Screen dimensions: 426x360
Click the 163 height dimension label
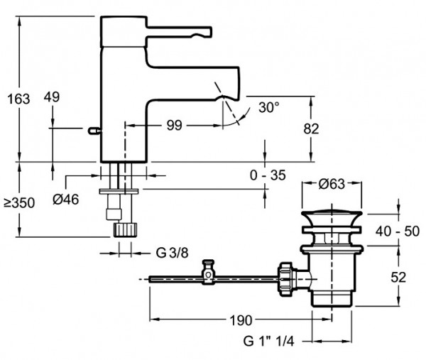[x=18, y=99]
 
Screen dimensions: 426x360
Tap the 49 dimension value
[x=52, y=97]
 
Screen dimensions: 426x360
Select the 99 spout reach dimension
[x=174, y=125]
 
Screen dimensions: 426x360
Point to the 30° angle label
[x=268, y=107]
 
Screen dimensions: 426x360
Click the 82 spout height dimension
[x=311, y=129]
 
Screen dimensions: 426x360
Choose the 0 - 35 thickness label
[x=268, y=175]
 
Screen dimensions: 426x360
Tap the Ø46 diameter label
[x=66, y=200]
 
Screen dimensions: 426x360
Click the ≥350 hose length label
[x=19, y=203]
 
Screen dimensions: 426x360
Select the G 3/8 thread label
[x=172, y=253]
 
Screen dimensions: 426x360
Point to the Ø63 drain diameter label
[x=332, y=184]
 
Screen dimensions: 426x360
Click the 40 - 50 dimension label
[x=398, y=231]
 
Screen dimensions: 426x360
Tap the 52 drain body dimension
[x=398, y=278]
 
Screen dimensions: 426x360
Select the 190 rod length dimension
[x=241, y=320]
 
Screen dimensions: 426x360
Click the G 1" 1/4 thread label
[x=268, y=341]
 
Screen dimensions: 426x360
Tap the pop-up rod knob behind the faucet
[x=94, y=131]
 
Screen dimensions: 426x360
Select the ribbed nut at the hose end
[x=125, y=230]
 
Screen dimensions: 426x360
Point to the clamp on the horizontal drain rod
[x=208, y=272]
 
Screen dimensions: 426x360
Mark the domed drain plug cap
[x=332, y=217]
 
